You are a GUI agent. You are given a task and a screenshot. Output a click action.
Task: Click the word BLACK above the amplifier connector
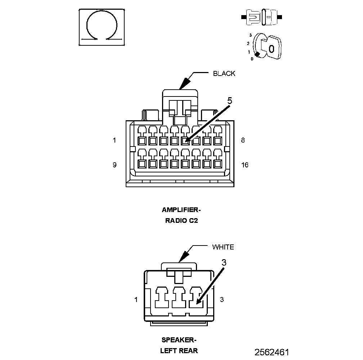click(224, 73)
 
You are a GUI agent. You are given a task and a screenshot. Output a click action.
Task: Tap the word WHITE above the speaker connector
click(223, 247)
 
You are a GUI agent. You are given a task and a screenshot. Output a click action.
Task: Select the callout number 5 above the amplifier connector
click(229, 101)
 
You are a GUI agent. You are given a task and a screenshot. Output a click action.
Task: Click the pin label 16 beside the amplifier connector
click(245, 165)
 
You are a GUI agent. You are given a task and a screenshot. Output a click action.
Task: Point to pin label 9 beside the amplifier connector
click(115, 165)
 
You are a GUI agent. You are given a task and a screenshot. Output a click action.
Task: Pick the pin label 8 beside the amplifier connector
click(243, 140)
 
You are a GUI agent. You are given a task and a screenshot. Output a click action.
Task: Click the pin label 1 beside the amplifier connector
click(114, 140)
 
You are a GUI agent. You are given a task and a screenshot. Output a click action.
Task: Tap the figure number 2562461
click(272, 352)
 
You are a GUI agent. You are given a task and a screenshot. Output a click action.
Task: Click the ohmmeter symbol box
click(102, 27)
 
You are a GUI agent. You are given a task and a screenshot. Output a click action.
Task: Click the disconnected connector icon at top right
click(261, 17)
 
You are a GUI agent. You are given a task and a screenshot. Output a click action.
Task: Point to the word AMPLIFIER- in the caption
click(181, 210)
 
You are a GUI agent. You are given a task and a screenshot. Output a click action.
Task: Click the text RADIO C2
click(181, 220)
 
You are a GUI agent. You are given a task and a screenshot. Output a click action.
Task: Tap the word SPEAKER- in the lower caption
click(179, 340)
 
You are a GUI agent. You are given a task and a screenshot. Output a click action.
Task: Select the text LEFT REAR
click(179, 351)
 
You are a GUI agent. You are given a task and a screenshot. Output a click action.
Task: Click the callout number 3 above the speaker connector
click(224, 262)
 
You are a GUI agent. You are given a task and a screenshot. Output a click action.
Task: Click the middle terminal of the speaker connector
click(179, 297)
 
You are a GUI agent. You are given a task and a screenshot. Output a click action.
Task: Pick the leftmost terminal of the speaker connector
click(162, 297)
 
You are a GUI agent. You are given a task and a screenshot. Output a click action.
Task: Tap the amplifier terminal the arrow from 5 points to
click(185, 141)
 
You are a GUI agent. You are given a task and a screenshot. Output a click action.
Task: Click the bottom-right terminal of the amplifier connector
click(218, 164)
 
